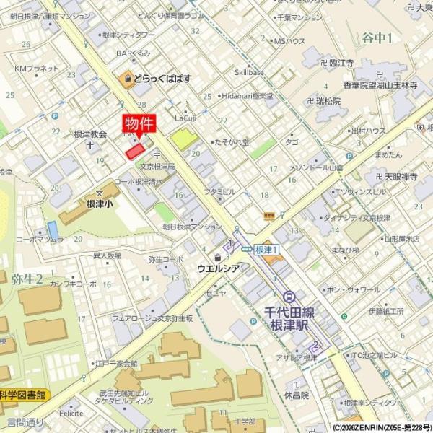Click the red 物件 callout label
click(139, 123)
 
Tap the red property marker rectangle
click(135, 151)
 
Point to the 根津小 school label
click(100, 204)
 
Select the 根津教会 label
click(90, 134)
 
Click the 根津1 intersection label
click(267, 249)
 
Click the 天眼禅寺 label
click(401, 176)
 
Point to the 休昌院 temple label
click(296, 395)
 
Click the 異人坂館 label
click(107, 255)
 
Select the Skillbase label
click(249, 72)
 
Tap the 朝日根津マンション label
click(191, 226)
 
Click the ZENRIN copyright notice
click(382, 427)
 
